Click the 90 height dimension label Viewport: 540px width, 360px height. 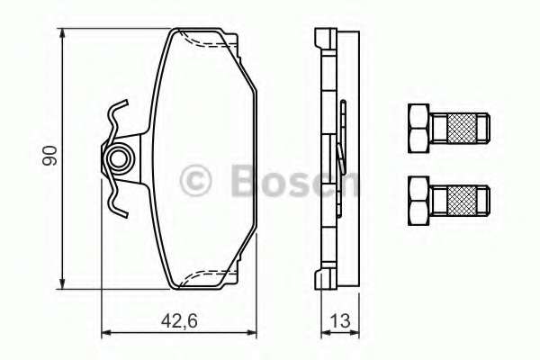[x=51, y=155]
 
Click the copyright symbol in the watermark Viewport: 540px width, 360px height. [x=196, y=181]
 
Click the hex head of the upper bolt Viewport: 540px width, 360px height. [x=418, y=128]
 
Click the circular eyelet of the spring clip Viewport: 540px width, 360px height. [x=117, y=161]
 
